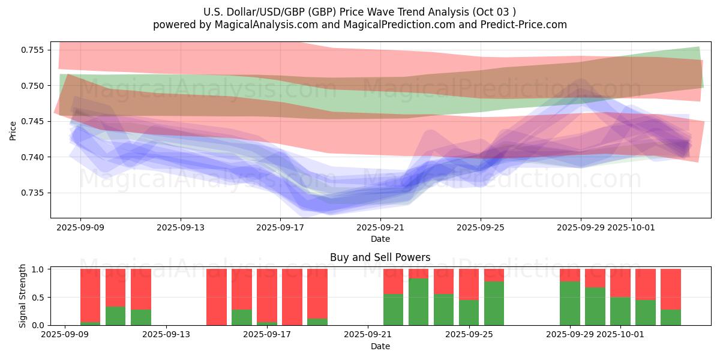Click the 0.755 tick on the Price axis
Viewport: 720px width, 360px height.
(x=35, y=50)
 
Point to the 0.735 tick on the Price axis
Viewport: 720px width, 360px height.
(x=35, y=193)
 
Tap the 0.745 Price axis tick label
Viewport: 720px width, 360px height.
(x=35, y=122)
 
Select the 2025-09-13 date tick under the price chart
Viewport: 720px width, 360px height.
(x=181, y=228)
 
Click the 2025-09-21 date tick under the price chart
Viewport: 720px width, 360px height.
(x=380, y=228)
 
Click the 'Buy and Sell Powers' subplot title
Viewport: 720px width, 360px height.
(x=380, y=257)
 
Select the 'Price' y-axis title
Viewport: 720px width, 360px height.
(x=13, y=130)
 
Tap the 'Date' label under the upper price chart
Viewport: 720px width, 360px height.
(x=380, y=239)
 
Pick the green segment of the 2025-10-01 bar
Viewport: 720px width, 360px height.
(x=620, y=311)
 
